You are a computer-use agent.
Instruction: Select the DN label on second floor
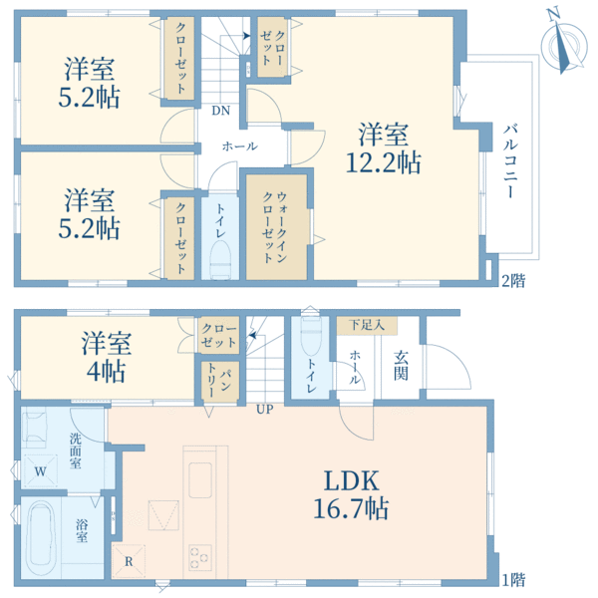(218, 112)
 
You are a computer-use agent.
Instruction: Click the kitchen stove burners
(200, 555)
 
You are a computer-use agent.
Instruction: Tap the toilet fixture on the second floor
(220, 257)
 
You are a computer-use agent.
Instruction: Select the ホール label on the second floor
(239, 146)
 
